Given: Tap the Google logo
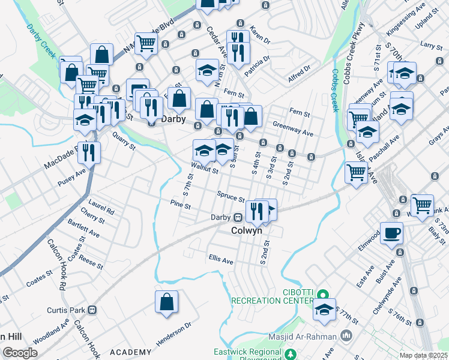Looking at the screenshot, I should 20,353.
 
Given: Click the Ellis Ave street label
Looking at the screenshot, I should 221,261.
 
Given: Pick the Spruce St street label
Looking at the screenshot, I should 231,197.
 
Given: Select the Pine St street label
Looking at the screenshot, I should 180,205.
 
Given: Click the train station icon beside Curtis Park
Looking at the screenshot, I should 92,310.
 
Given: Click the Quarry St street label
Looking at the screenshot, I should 124,143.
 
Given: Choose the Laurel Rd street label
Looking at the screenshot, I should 101,208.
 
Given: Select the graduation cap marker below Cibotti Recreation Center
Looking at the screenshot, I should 324,310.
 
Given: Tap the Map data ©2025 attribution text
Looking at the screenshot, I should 423,356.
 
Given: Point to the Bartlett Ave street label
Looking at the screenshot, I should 83,231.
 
